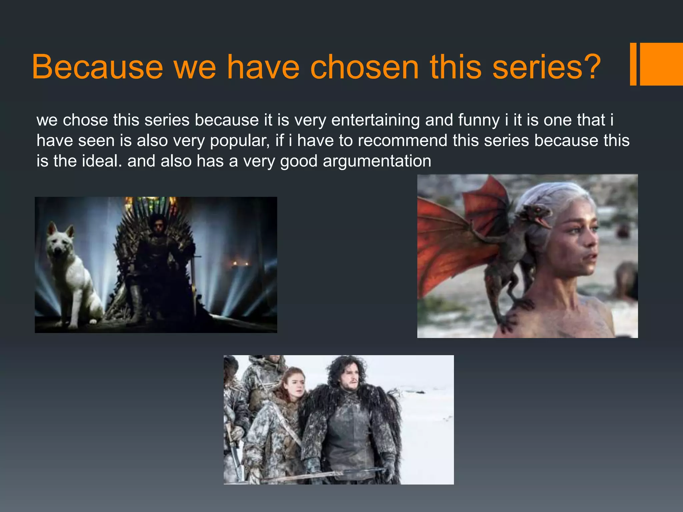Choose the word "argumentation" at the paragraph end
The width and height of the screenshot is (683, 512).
pos(377,161)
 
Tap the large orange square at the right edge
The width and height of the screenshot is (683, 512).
pos(661,64)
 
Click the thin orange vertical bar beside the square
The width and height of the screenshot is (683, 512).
pos(633,64)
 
